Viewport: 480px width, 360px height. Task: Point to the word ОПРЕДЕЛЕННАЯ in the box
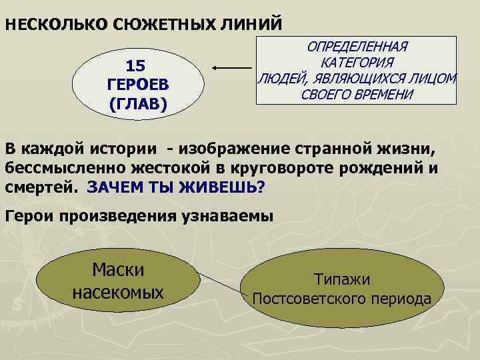tap(357, 47)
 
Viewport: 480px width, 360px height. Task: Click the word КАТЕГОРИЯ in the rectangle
tap(357, 63)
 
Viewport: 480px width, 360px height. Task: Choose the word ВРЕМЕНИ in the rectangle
tap(381, 94)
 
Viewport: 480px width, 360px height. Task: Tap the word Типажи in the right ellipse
tap(341, 280)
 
